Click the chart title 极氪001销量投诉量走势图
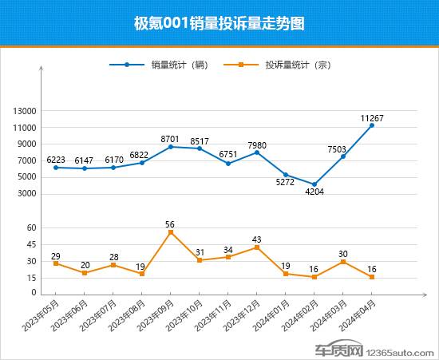pos(219,23)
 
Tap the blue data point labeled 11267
pos(372,125)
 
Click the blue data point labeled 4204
pos(314,184)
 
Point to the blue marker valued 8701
pos(171,147)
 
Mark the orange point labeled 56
pos(171,232)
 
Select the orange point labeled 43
pos(257,247)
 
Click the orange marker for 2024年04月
pos(372,277)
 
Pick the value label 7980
pos(257,144)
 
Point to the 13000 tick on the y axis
pos(26,111)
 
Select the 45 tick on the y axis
pos(32,244)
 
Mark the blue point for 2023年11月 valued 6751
pos(228,164)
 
